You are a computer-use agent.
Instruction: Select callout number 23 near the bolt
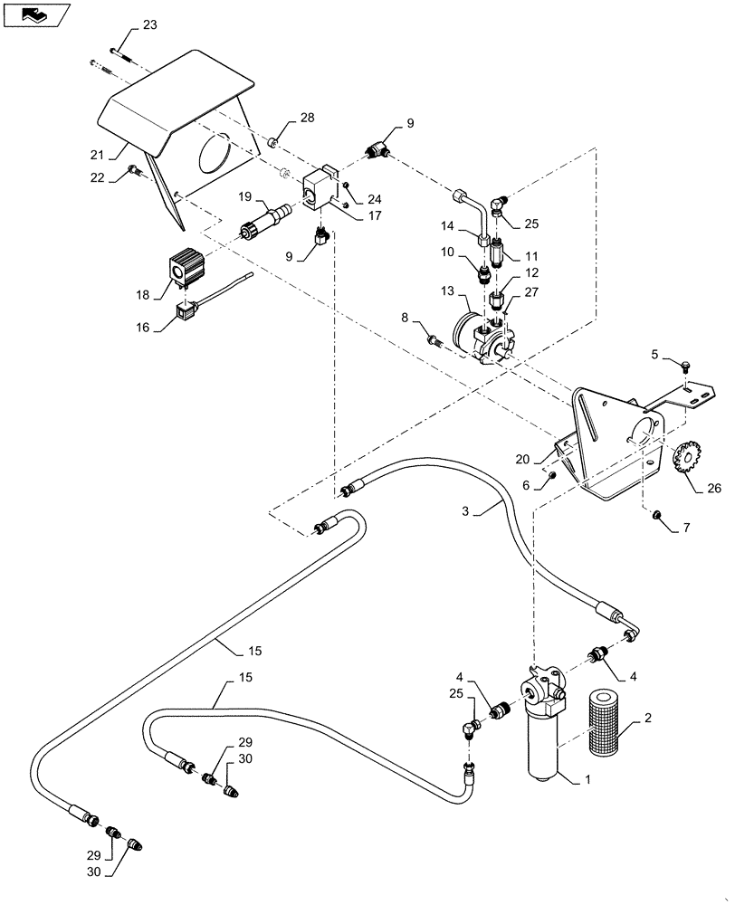point(149,24)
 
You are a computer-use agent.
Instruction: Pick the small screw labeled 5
point(687,367)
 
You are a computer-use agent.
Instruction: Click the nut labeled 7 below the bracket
point(659,515)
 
